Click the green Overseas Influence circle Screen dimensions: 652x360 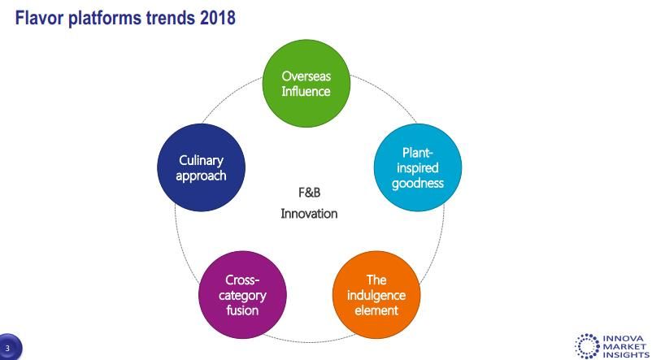(306, 83)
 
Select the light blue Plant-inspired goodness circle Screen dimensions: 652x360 (418, 167)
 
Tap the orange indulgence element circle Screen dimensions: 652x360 (376, 295)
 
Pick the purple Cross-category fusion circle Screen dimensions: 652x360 (242, 295)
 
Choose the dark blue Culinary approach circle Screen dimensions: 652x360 (202, 167)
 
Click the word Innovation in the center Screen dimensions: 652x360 (309, 214)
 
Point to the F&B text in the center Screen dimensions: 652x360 (310, 193)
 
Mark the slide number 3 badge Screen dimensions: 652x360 (8, 348)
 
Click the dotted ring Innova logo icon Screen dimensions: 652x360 (587, 346)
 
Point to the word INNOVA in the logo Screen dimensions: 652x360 (625, 338)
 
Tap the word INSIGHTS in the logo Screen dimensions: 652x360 (626, 354)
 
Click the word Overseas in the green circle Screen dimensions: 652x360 (306, 76)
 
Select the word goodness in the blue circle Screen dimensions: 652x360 (418, 184)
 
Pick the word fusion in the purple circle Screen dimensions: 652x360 (242, 310)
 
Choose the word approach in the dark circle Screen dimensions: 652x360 (202, 176)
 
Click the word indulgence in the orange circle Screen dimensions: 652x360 (376, 295)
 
